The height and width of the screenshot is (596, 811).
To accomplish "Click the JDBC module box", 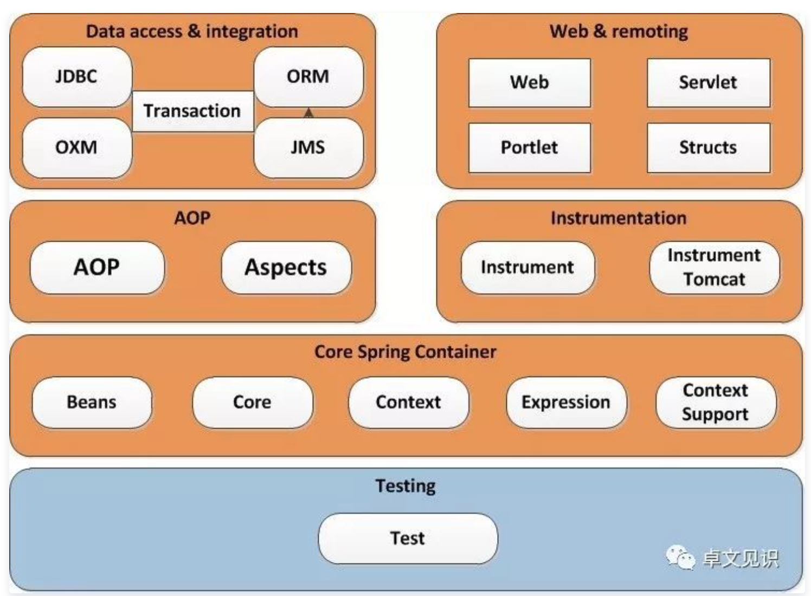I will (x=77, y=77).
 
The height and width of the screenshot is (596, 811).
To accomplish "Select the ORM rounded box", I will (x=308, y=77).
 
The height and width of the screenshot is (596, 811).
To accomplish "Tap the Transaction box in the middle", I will (x=192, y=111).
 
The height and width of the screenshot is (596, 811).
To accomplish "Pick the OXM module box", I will (x=77, y=147).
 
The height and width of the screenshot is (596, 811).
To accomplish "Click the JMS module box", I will (x=308, y=147).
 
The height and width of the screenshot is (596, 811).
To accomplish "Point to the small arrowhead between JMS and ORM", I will (x=308, y=113).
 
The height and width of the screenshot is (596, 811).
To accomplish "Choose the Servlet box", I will (x=708, y=82).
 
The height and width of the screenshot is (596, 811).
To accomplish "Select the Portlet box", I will (x=529, y=147).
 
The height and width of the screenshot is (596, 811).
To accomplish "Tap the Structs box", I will (x=708, y=147).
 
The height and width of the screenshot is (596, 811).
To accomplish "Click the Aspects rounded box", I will (x=286, y=268).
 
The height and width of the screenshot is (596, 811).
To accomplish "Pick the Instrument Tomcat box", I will (x=714, y=268).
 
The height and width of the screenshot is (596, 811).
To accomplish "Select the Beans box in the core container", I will (x=92, y=402).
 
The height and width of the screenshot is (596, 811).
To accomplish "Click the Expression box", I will (x=566, y=402).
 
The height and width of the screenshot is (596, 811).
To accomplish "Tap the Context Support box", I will (x=715, y=402).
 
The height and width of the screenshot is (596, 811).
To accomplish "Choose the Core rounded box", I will (x=252, y=402).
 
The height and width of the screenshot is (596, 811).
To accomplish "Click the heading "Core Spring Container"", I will (x=405, y=352).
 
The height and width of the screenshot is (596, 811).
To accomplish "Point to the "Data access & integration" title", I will (x=192, y=31).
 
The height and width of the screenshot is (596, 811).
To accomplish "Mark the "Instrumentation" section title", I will (x=619, y=218).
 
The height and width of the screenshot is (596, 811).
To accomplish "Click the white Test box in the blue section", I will (x=408, y=538).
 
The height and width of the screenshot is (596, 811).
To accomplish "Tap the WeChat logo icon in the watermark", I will (x=680, y=558).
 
